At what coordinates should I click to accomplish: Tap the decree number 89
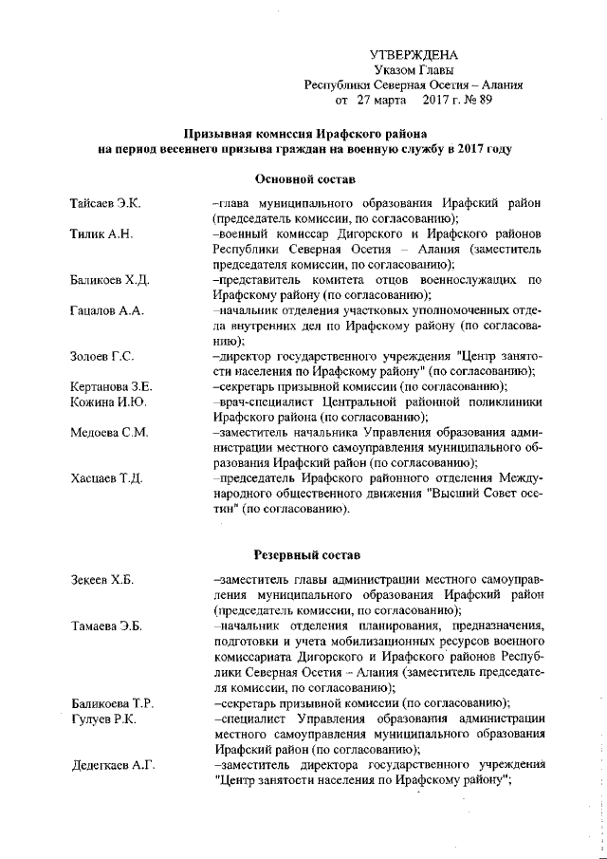click(485, 99)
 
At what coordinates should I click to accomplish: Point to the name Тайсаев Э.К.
click(105, 204)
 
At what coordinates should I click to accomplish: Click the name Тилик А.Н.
click(100, 234)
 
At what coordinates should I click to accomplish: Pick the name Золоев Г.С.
click(101, 356)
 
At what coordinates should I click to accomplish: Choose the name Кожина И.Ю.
click(106, 401)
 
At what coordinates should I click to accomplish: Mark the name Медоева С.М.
click(109, 432)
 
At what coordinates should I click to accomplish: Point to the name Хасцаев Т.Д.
click(106, 477)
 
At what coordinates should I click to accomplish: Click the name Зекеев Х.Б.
click(102, 580)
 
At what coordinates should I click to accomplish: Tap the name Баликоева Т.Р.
click(113, 703)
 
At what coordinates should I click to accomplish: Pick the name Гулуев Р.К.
click(103, 719)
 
